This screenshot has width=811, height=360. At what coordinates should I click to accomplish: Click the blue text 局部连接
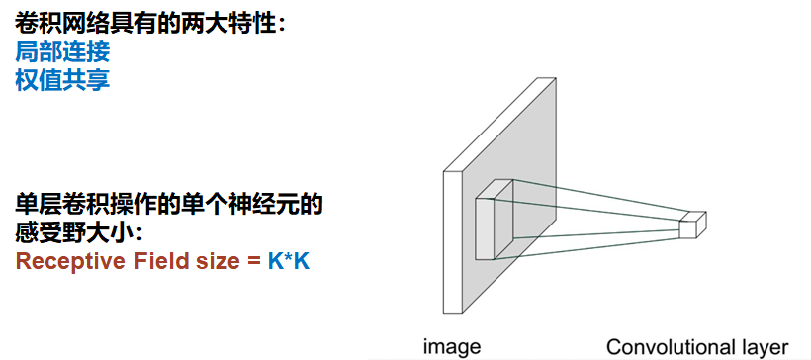click(x=62, y=51)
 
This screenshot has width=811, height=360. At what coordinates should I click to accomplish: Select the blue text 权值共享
click(x=62, y=79)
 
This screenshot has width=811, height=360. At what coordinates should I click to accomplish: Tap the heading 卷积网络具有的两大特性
click(x=149, y=22)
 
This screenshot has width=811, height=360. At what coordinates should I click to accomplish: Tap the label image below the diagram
click(x=452, y=346)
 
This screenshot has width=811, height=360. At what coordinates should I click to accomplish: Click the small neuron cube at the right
click(x=691, y=225)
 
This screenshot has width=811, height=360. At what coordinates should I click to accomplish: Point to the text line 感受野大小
click(x=79, y=234)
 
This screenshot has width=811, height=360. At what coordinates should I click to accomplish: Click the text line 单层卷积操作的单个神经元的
click(x=169, y=206)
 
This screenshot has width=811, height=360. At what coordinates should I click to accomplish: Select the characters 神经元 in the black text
click(x=262, y=206)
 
